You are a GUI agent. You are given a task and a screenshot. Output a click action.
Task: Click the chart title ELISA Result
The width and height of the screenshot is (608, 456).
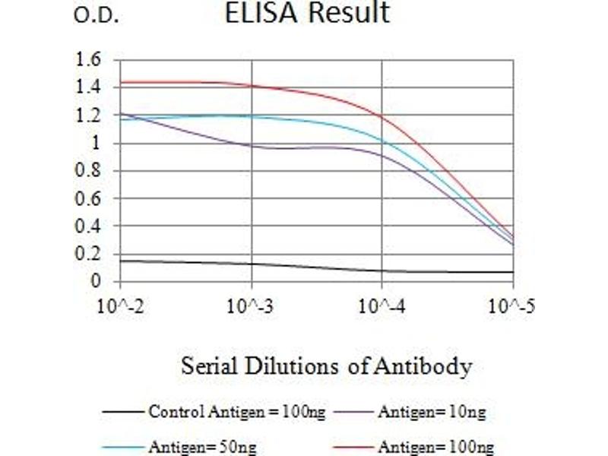pos(307,13)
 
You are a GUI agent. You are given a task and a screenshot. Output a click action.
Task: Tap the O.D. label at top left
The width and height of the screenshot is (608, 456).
pos(97,16)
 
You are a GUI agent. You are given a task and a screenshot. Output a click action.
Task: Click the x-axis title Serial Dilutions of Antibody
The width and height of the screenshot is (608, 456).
pos(326,367)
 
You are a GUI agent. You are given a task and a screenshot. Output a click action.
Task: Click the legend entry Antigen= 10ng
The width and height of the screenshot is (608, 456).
pos(431,413)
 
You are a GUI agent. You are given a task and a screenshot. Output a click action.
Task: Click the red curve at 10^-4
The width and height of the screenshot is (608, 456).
pos(382,116)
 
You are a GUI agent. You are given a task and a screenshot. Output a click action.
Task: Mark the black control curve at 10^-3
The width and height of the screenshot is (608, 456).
pos(252,264)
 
